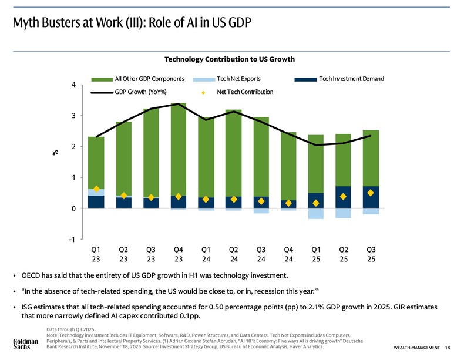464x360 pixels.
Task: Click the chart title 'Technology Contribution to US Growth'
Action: [229, 59]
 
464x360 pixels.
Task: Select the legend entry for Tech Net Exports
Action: [239, 79]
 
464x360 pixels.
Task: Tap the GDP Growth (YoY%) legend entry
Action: [140, 92]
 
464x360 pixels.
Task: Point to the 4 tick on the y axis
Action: [73, 85]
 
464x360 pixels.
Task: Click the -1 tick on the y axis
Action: [72, 240]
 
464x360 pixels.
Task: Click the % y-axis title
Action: [55, 153]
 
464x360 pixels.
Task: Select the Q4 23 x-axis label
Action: [179, 254]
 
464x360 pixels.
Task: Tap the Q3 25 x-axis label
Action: [371, 254]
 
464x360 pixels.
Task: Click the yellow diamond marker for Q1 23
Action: [96, 189]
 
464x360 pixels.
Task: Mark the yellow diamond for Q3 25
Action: [371, 193]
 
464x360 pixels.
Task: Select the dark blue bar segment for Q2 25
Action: [343, 197]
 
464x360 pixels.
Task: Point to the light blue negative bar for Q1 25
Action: [315, 214]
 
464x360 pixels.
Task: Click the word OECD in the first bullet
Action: [32, 276]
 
